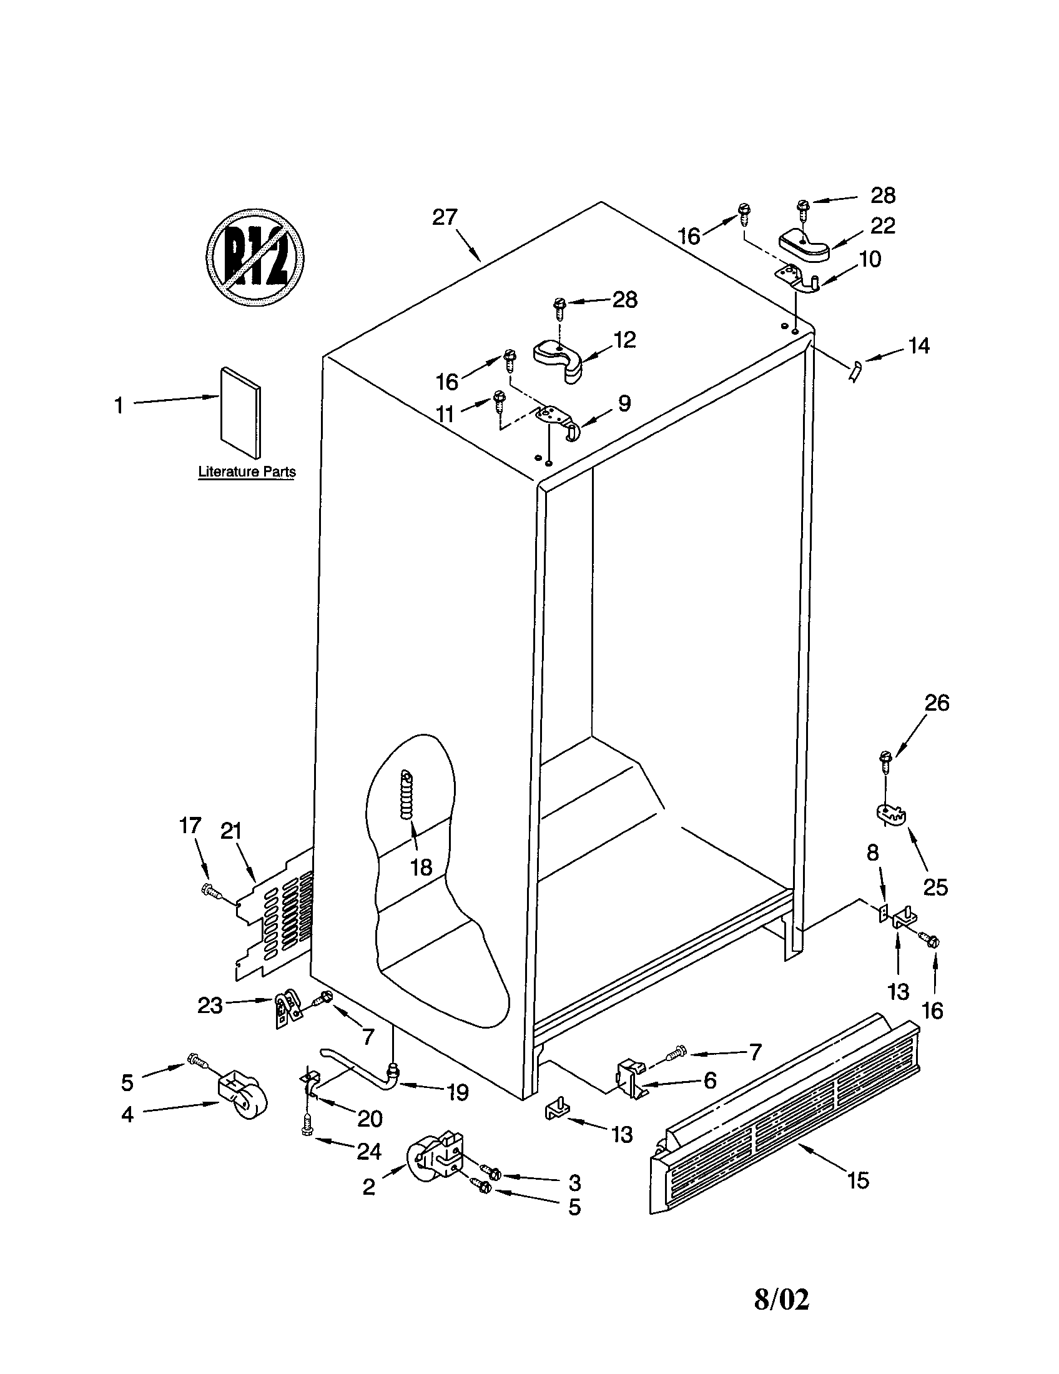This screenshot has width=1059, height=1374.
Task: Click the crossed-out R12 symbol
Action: click(256, 257)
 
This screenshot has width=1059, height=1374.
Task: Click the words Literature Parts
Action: click(247, 471)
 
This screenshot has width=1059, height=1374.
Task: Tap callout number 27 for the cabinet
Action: click(445, 218)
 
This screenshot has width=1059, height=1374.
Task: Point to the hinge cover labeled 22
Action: click(804, 245)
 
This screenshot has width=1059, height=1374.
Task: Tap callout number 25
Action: click(935, 887)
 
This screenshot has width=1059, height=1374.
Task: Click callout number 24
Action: click(369, 1151)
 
